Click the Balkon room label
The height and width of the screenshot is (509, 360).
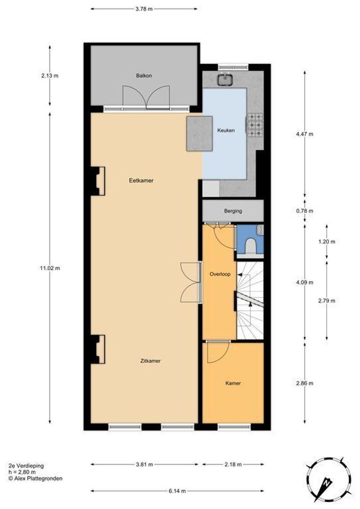point(144,75)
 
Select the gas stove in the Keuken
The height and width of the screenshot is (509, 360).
point(255,125)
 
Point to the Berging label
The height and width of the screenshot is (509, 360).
point(233,211)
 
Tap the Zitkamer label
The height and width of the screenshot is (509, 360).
point(150,361)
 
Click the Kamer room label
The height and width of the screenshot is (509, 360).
point(233,383)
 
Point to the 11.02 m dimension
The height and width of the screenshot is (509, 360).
point(50,268)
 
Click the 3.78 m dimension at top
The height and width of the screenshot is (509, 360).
point(144,8)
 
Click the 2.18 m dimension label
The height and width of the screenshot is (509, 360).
point(232,465)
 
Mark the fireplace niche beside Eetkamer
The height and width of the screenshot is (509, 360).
point(98,181)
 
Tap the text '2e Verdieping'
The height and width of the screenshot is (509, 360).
point(26,466)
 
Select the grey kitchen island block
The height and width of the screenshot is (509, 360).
point(199,134)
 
